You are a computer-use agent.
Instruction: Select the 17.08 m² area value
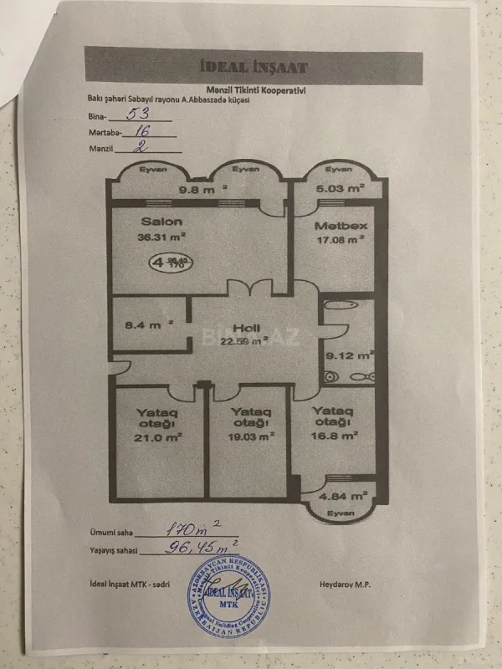point(340,240)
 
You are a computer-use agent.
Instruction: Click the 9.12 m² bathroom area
point(348,354)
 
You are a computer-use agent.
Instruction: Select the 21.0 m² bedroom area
point(159,436)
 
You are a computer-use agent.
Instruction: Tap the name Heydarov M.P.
point(346,583)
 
